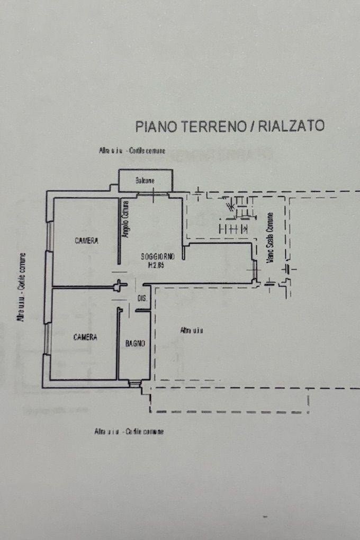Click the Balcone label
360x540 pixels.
tap(145, 181)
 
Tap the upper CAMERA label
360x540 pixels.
tap(86, 241)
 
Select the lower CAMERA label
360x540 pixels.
tap(85, 337)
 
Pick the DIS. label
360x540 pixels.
tap(142, 299)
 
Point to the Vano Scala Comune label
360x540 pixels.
tap(271, 238)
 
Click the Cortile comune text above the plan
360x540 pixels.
tap(147, 151)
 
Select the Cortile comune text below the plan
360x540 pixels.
tap(145, 431)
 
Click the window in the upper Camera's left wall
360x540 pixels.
tap(49, 236)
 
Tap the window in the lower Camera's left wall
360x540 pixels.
tap(48, 338)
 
